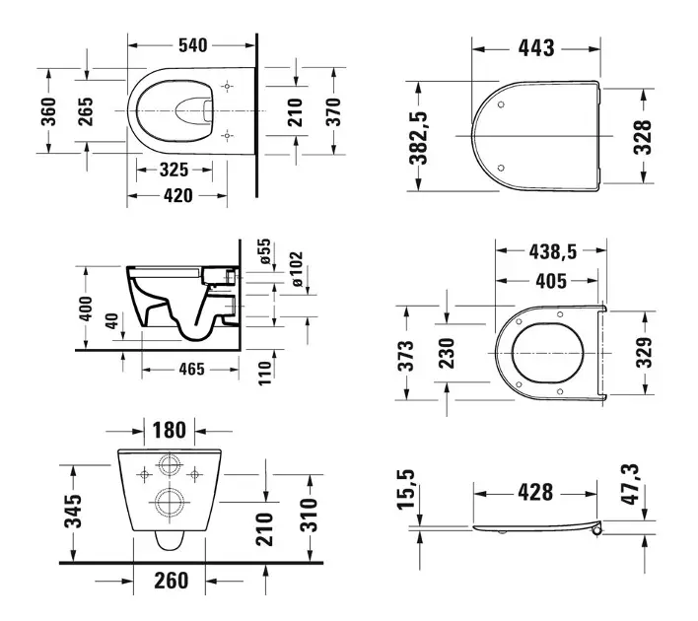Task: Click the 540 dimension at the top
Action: coord(193,45)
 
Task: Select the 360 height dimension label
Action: coord(48,111)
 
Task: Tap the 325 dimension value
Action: coord(174,170)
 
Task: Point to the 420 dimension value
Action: coord(178,195)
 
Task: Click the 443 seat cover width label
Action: coord(536,48)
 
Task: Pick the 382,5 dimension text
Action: coord(418,138)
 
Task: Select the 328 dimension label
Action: coord(643,137)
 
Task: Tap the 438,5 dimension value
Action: coord(553,252)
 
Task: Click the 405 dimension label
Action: coord(551,281)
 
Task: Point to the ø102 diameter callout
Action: coord(298,269)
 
